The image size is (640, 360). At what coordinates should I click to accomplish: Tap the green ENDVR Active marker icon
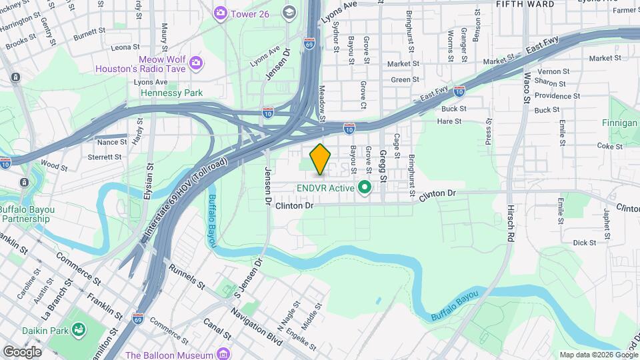tap(364, 187)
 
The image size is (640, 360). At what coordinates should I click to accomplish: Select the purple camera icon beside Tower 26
tap(220, 13)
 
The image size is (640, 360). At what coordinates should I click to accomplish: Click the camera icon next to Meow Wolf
tap(196, 63)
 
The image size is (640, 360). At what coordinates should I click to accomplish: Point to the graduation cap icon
tap(289, 13)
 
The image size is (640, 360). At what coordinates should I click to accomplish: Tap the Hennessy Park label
tap(171, 93)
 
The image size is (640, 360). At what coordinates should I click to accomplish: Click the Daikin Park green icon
tap(79, 329)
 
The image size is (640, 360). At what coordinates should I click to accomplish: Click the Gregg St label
tap(383, 167)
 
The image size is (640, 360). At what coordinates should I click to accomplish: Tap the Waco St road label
tap(527, 87)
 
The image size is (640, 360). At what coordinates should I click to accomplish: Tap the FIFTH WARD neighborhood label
tap(525, 4)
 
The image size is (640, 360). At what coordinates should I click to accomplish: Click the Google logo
tap(22, 351)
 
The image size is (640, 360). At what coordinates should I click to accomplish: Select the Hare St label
tap(449, 121)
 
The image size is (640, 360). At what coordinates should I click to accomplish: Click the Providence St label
tap(557, 96)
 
